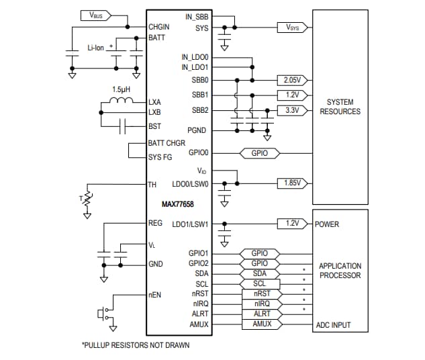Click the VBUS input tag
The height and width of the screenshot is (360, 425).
[x=95, y=14]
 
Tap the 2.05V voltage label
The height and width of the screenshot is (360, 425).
[x=291, y=79]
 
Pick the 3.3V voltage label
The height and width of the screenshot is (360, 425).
[x=291, y=110]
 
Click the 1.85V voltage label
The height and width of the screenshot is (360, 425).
[x=292, y=183]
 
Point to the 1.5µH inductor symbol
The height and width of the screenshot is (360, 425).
[x=122, y=102]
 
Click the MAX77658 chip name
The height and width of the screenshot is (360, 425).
[x=178, y=203]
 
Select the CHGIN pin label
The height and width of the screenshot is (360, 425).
[x=159, y=27]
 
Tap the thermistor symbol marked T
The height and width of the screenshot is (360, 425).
[x=85, y=199]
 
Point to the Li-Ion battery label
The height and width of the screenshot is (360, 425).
[x=97, y=48]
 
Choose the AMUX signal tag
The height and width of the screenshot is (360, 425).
[x=261, y=324]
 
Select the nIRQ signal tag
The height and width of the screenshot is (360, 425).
[x=261, y=304]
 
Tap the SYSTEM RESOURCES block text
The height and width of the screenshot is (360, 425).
[x=340, y=107]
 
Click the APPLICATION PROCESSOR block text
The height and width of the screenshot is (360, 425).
[x=340, y=271]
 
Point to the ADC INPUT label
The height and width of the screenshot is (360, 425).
[x=333, y=325]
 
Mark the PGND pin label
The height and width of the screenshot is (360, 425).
[x=197, y=130]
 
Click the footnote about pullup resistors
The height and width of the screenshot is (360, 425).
[x=135, y=345]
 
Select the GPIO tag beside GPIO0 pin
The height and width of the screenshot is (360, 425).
[x=259, y=153]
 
